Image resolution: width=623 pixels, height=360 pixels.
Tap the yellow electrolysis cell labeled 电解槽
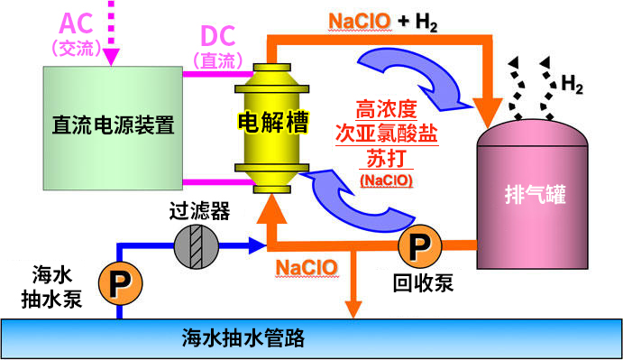[x=267, y=122]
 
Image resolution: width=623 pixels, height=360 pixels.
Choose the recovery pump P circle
[x=419, y=245]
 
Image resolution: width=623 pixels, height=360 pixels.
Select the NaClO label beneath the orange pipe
[x=307, y=268]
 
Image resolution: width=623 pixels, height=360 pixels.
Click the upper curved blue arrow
[x=403, y=76]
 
